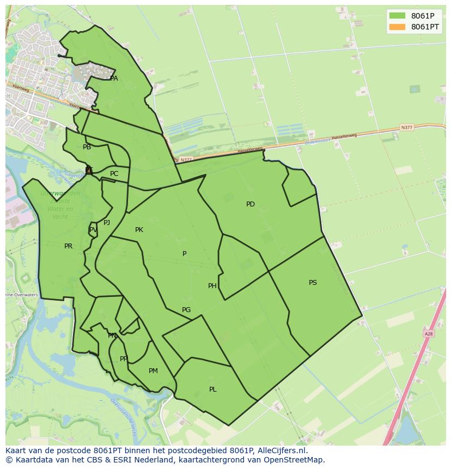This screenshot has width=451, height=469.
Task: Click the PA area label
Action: (114, 78)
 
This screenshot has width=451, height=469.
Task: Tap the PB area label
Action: (87, 147)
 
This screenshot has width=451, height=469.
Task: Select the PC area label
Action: (114, 174)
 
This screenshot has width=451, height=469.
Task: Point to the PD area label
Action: (251, 204)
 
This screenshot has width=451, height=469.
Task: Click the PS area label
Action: (313, 283)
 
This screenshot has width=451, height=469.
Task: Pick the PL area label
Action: (213, 389)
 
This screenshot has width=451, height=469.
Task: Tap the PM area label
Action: (153, 371)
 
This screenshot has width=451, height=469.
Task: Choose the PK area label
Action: (139, 230)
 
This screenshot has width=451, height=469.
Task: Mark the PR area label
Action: (68, 246)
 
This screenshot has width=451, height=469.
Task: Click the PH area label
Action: (212, 286)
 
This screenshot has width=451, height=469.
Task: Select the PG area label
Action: (186, 310)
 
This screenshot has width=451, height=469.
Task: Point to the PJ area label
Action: (107, 222)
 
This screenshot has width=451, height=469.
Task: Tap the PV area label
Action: (93, 230)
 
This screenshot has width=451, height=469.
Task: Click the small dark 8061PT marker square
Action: (89, 170)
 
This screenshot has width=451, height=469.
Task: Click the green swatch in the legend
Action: (398, 16)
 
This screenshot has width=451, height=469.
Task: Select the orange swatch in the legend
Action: (398, 27)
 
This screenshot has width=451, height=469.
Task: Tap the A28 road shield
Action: (428, 333)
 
